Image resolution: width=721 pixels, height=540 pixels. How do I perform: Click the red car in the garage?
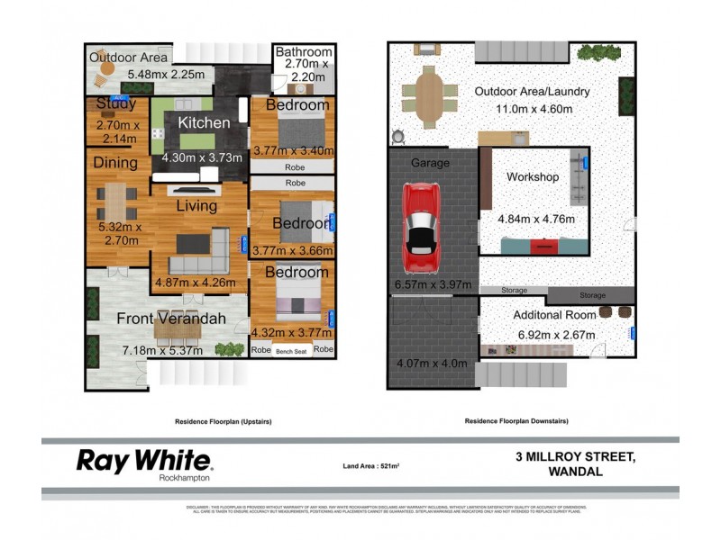(x=422, y=220)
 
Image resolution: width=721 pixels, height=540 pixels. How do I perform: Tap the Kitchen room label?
(x=203, y=122)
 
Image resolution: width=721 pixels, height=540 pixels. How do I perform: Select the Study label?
(x=115, y=103)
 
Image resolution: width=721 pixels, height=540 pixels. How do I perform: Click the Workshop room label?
(x=533, y=176)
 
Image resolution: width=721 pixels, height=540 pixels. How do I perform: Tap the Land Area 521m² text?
(x=370, y=465)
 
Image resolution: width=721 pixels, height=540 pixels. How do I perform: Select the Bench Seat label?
(x=291, y=351)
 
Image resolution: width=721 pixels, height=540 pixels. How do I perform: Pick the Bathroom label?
(x=305, y=51)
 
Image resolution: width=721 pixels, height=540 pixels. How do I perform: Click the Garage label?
(x=430, y=163)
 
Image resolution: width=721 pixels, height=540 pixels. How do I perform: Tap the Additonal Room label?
(x=554, y=315)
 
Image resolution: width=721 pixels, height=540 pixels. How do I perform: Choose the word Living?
(x=196, y=206)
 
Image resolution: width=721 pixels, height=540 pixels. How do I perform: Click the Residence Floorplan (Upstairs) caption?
(x=223, y=420)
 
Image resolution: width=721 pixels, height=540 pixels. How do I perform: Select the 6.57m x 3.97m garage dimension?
(x=433, y=285)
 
